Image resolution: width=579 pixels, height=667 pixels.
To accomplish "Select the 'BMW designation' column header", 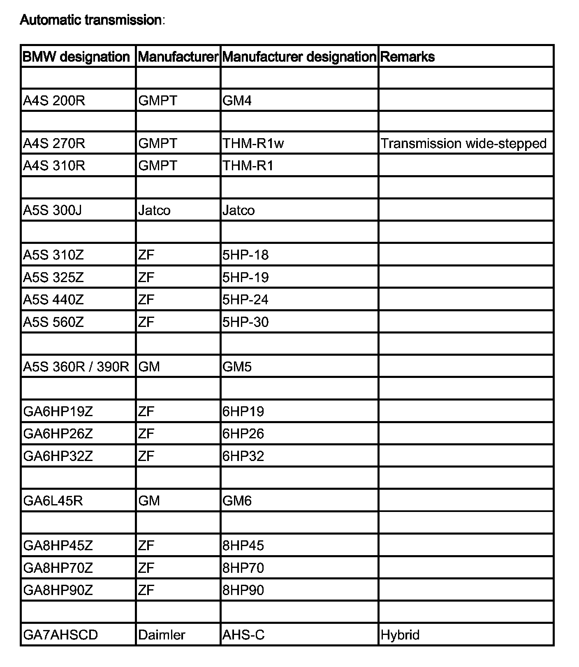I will click(76, 57).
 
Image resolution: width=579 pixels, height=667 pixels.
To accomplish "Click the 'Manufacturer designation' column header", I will click(299, 57).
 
